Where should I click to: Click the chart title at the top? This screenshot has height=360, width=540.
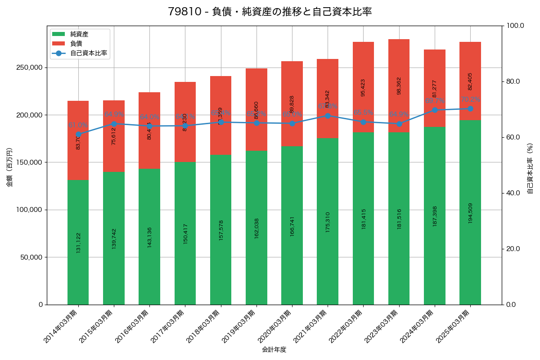click(270, 12)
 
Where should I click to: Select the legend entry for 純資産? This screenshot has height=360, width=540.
click(79, 34)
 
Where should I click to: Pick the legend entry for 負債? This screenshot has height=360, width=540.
click(76, 44)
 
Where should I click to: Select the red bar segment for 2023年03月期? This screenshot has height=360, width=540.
click(399, 85)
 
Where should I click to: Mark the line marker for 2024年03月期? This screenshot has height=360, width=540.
click(435, 110)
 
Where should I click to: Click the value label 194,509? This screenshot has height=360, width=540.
click(470, 212)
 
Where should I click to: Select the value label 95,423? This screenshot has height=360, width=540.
click(363, 87)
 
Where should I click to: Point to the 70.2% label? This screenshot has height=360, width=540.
click(470, 99)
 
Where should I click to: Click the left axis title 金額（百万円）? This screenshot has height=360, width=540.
click(9, 167)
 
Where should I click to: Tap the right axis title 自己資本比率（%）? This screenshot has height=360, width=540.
click(530, 168)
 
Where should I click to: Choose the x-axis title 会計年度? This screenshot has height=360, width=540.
click(274, 349)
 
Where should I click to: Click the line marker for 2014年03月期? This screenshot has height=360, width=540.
click(78, 134)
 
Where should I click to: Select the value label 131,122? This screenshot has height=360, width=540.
click(78, 242)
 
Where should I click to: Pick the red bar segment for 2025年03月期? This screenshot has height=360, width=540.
click(470, 81)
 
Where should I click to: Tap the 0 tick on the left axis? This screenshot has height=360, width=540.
click(40, 305)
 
